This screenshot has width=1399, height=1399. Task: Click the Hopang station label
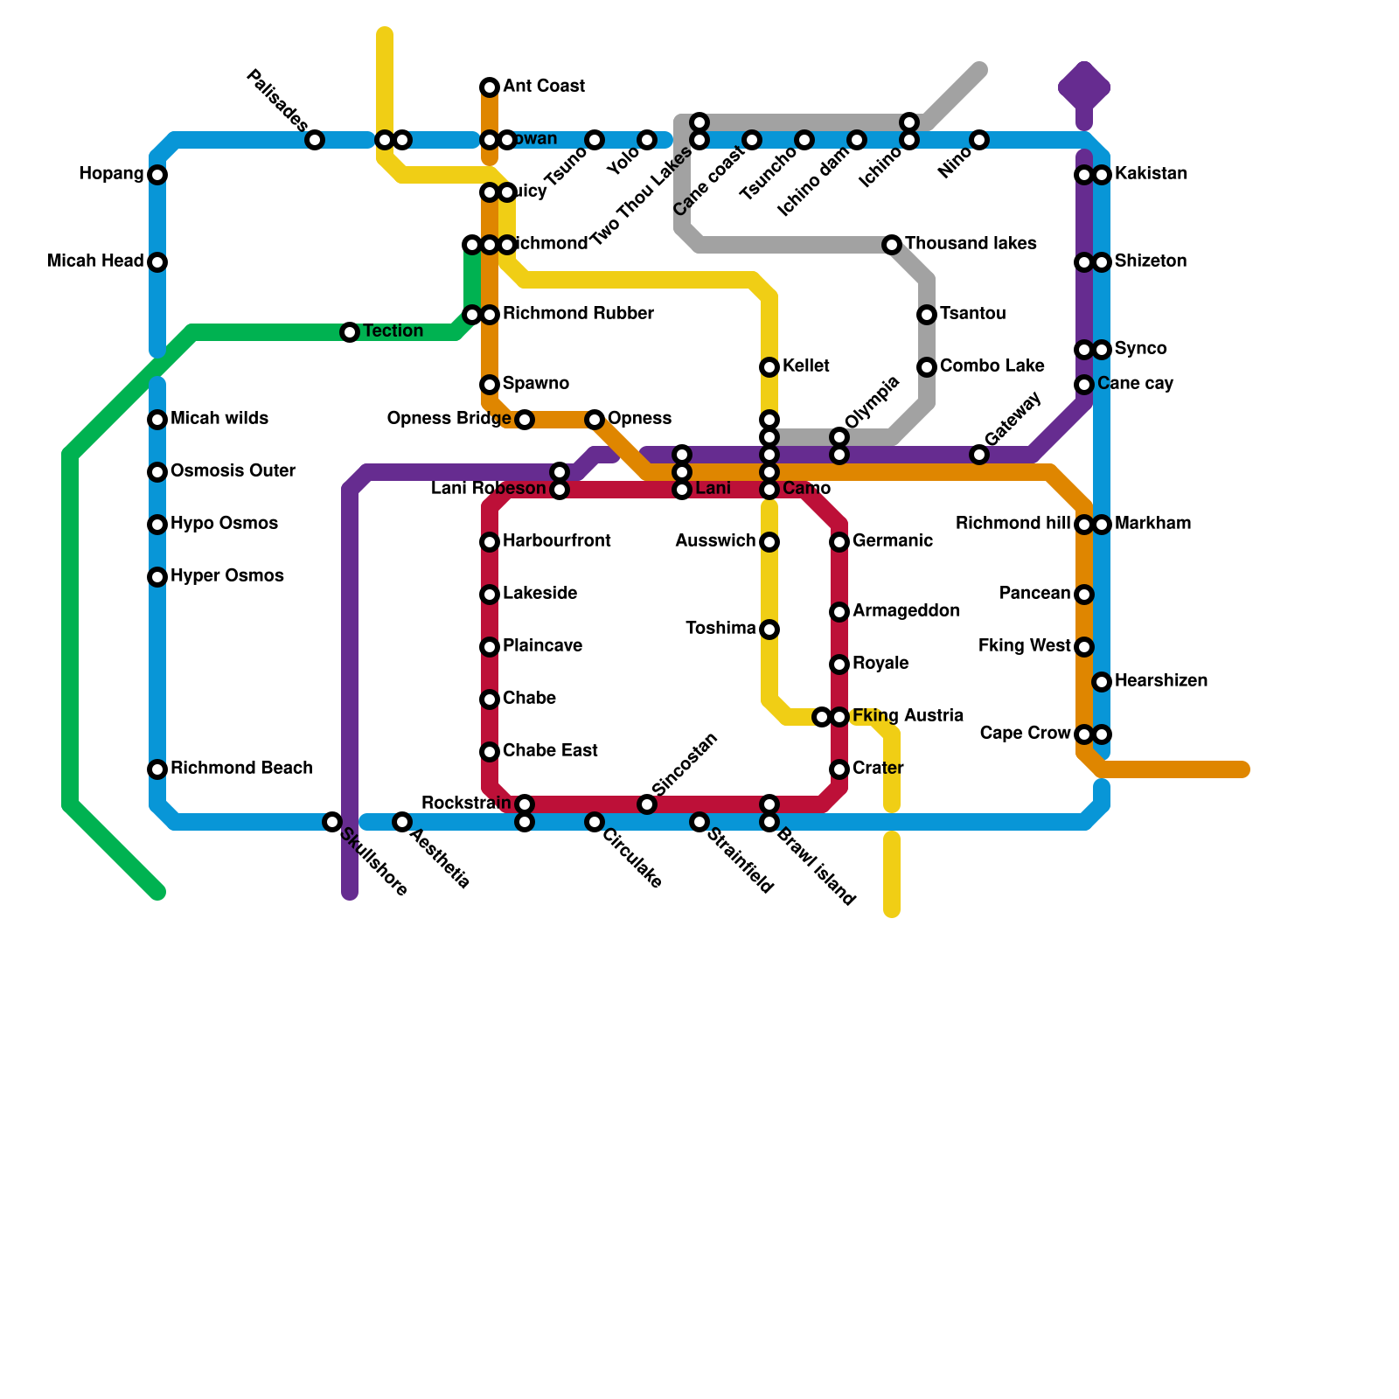point(110,174)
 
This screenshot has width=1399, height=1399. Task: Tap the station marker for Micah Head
point(157,262)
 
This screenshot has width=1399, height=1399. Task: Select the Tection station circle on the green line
point(350,332)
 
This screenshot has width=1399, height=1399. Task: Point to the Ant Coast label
point(544,87)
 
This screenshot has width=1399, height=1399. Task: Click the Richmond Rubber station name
point(578,314)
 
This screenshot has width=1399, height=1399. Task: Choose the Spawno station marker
point(490,385)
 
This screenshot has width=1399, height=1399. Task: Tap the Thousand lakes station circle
point(892,245)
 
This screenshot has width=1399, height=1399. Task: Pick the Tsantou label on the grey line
point(972,314)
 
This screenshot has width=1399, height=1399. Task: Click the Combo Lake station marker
point(927,367)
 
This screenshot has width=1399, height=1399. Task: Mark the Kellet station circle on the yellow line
point(769,367)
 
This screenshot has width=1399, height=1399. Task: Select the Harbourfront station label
point(557,541)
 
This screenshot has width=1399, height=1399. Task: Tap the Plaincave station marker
point(490,647)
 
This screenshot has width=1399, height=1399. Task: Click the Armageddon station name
point(906,611)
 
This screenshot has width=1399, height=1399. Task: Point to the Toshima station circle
point(769,630)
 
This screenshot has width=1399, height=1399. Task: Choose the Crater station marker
point(839,769)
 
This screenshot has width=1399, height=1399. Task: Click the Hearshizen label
point(1161,681)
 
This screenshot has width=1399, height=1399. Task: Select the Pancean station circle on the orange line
point(1084,595)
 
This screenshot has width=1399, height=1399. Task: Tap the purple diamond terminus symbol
point(1084,87)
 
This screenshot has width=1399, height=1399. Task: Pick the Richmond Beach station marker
point(157,769)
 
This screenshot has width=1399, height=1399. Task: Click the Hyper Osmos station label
point(227,576)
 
